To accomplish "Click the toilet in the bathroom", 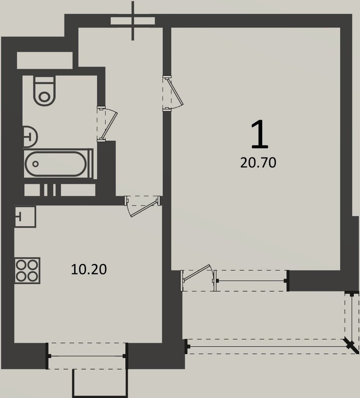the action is (44, 91).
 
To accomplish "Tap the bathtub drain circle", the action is (35, 164).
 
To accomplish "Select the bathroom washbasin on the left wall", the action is (30, 137).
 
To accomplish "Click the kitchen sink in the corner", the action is (25, 216).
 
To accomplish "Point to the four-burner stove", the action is (28, 271).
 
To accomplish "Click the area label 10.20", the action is (89, 269).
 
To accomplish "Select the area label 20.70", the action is (258, 163).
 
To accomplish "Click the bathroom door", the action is (107, 124).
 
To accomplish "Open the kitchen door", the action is (143, 206).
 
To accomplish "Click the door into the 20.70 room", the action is (172, 93).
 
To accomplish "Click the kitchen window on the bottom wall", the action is (87, 356).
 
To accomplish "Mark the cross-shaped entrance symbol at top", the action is (133, 21).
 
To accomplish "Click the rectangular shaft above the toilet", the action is (45, 60).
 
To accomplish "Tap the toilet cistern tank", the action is (44, 79).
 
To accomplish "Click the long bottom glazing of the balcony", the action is (268, 346).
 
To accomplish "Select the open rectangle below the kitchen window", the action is (100, 383).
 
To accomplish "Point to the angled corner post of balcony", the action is (351, 346).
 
